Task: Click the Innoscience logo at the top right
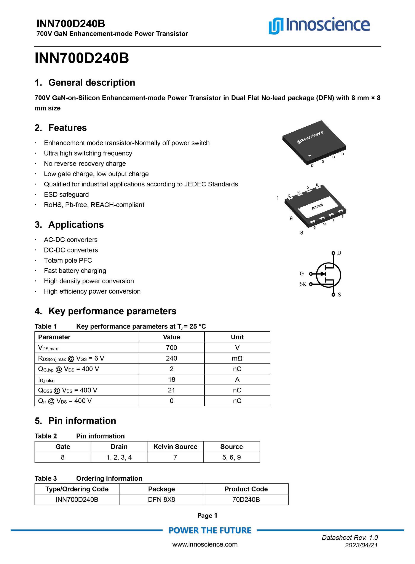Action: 319,25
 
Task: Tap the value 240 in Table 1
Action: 171,358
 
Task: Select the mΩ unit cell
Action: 237,358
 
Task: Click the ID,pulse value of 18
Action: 171,380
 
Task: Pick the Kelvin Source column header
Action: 175,446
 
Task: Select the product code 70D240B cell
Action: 246,499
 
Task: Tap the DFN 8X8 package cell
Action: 161,499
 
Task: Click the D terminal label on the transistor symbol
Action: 339,253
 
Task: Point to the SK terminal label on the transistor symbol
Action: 303,284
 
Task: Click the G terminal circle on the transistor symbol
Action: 311,274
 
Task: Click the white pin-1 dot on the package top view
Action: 310,156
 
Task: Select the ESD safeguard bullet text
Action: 66,195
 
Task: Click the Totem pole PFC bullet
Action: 68,260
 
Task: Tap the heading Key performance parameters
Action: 112,311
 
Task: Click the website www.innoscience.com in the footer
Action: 205,544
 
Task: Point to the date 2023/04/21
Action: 361,545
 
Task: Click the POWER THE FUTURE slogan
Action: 210,530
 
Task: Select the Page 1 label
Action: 207,515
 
